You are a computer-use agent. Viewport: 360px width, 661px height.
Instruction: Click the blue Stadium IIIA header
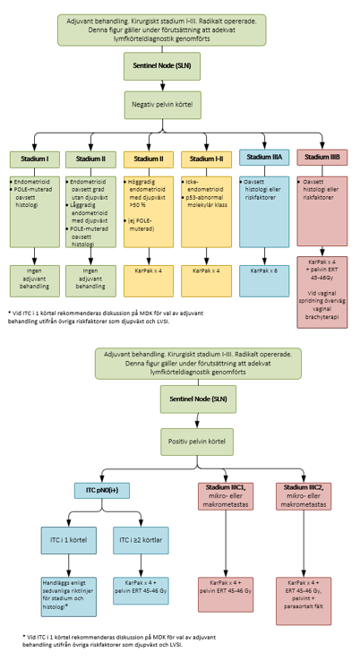(x=264, y=158)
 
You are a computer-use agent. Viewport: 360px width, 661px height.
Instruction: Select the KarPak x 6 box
(x=264, y=270)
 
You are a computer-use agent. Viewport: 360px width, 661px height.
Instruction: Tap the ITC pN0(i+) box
(x=102, y=491)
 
